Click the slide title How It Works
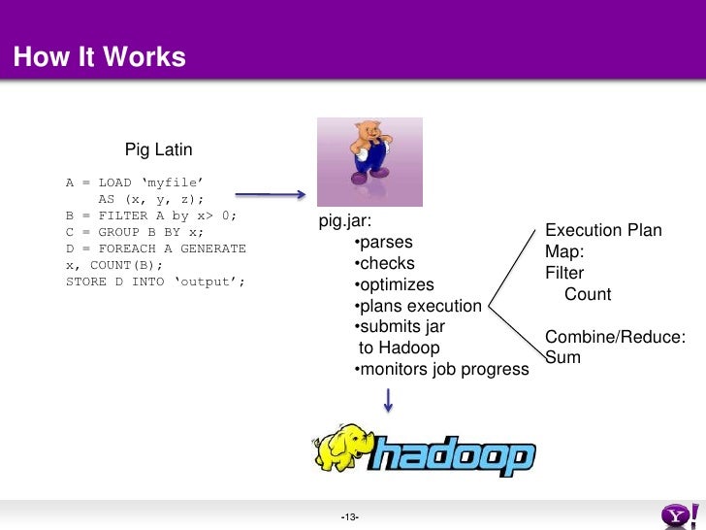point(99,57)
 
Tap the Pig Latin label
point(158,149)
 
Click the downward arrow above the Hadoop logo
point(388,399)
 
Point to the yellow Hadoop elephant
point(343,448)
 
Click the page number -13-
point(350,515)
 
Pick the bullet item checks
point(385,263)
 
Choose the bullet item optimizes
point(394,284)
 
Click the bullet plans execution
point(418,306)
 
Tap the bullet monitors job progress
point(441,369)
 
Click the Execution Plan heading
point(603,230)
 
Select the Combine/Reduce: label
point(616,337)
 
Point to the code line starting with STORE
point(155,282)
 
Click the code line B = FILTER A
point(151,215)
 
